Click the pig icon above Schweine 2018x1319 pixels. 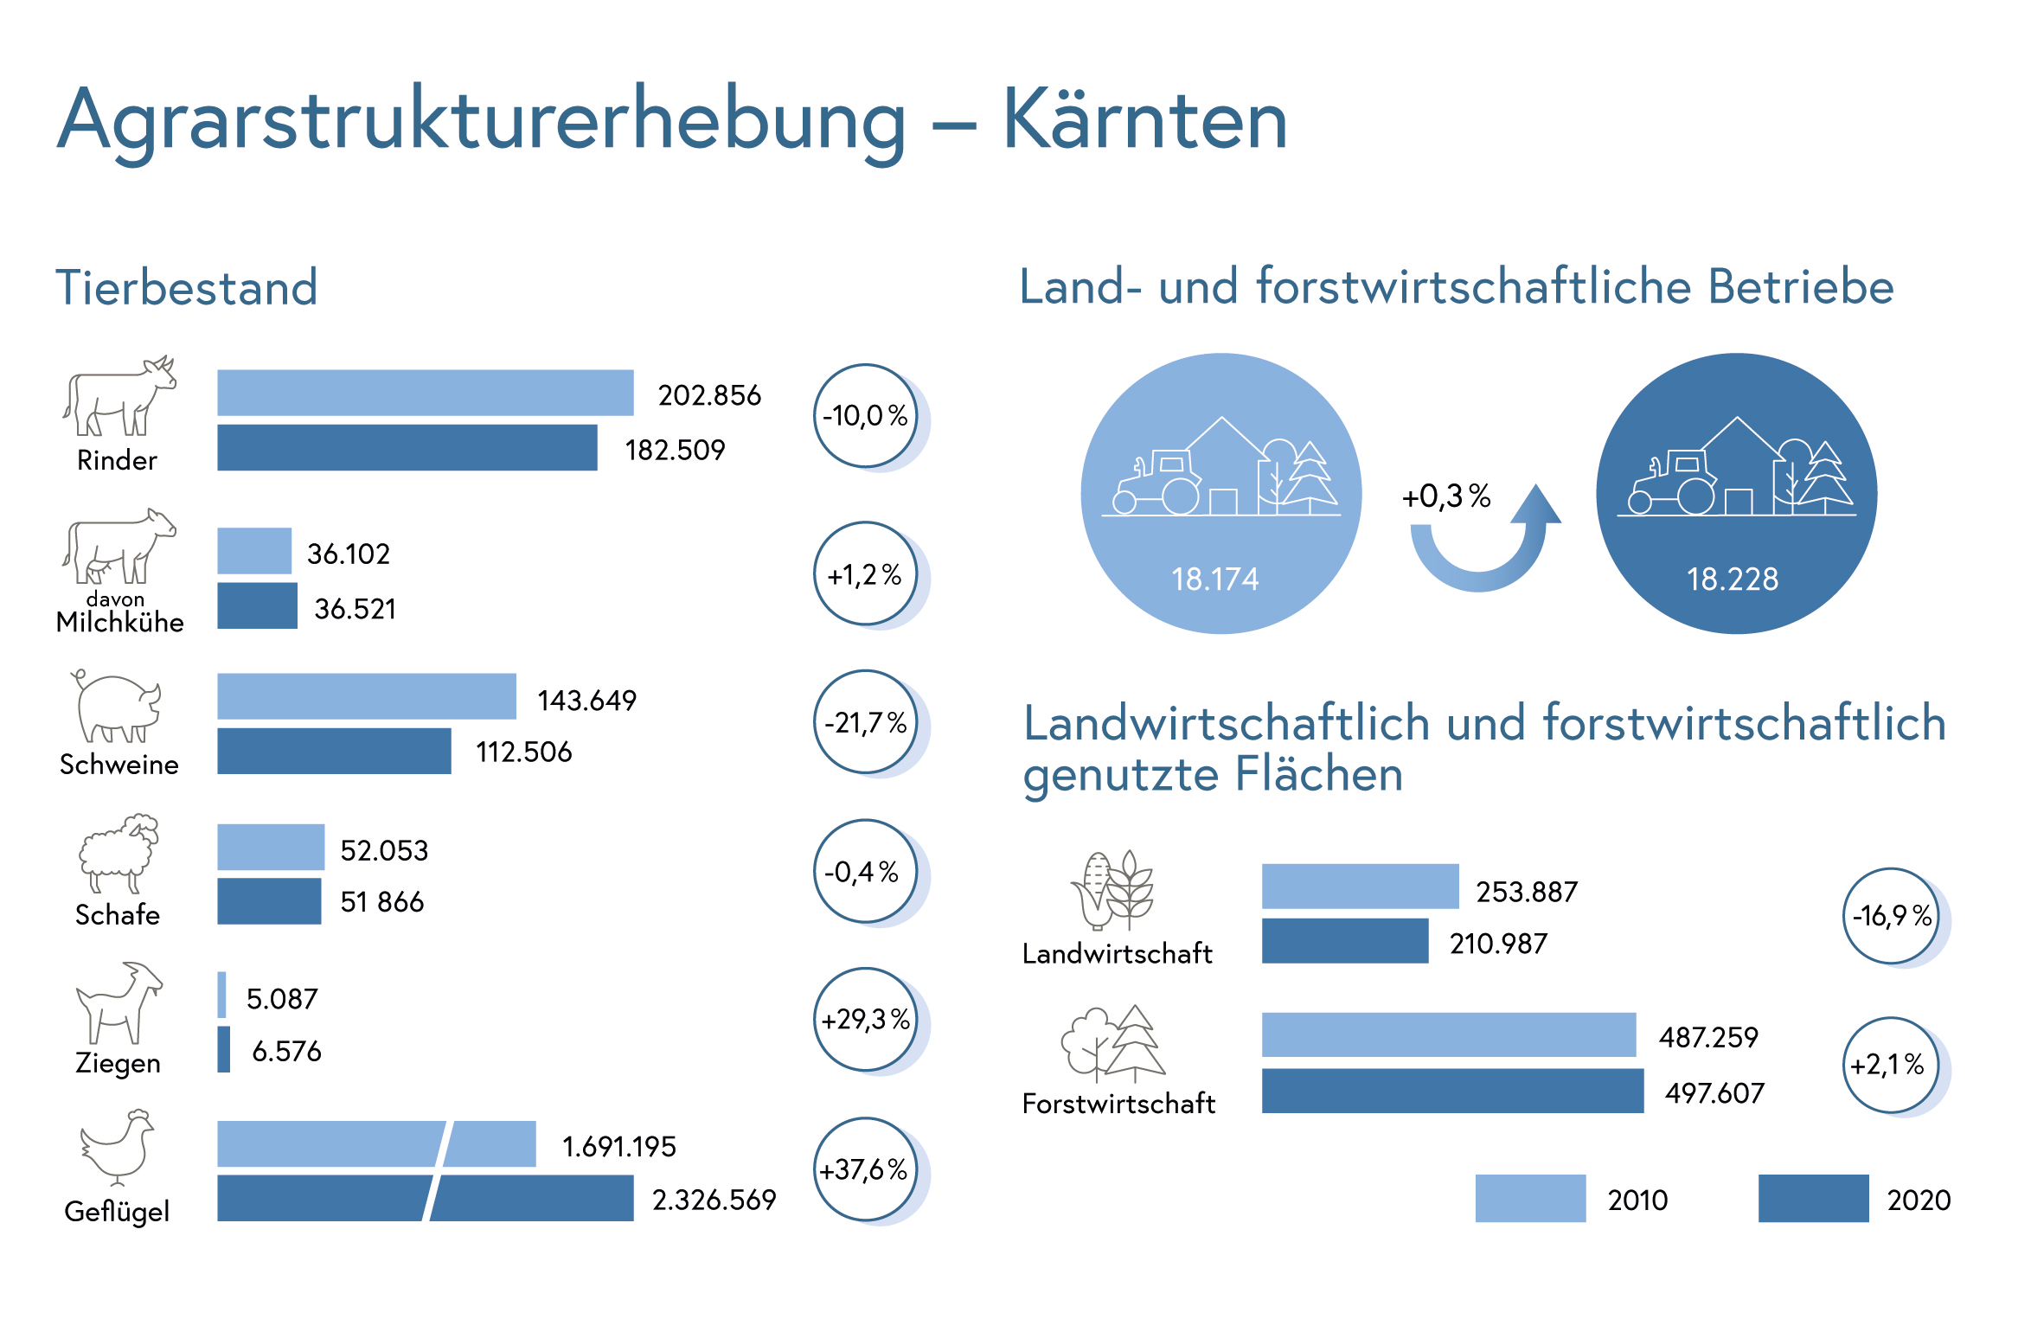coord(117,708)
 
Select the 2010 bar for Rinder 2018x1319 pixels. coord(425,393)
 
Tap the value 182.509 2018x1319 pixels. coord(675,450)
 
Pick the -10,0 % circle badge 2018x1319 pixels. coord(865,416)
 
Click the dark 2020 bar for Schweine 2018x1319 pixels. coord(334,751)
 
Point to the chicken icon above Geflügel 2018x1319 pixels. coord(118,1147)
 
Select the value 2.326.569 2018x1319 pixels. coord(714,1200)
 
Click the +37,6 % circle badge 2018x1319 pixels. coord(865,1169)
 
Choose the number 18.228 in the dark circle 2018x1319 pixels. coord(1733,579)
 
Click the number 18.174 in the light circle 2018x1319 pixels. coord(1215,579)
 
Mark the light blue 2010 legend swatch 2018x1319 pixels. coord(1530,1198)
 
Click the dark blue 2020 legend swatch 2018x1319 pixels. coord(1813,1198)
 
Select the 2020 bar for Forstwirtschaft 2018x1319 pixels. coord(1452,1091)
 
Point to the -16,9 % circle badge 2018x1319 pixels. coord(1892,916)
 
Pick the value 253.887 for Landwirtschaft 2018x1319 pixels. coord(1527,892)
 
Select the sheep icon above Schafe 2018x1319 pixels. coord(119,852)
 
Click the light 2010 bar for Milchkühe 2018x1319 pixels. coord(254,551)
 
